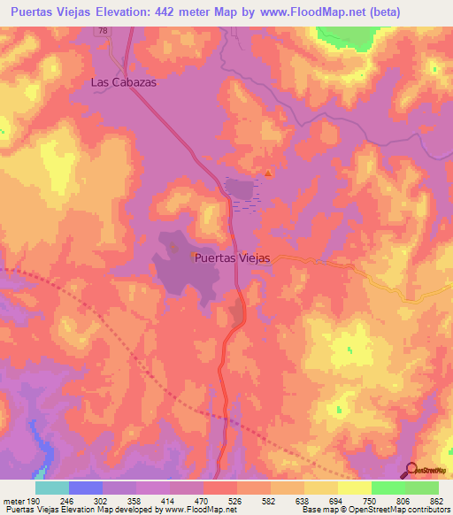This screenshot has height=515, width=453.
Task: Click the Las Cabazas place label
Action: [x=123, y=81]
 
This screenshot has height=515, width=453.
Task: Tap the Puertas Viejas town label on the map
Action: [x=231, y=257]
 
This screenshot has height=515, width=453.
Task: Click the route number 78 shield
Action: [x=104, y=30]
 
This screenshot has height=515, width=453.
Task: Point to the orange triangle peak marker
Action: [x=268, y=173]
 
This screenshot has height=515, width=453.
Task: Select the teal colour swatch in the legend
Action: [x=52, y=488]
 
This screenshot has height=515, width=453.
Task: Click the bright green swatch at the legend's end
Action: [x=422, y=488]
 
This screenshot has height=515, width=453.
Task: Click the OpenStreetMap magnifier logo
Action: [x=412, y=470]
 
